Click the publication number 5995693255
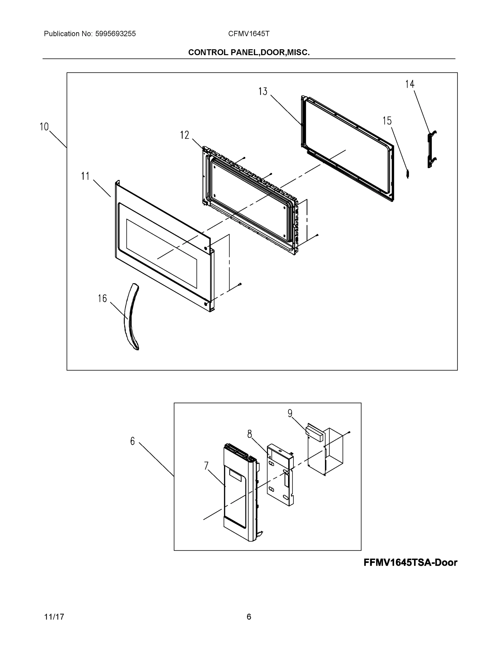pyautogui.click(x=115, y=34)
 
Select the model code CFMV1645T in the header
pyautogui.click(x=248, y=34)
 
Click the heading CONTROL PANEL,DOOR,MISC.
pyautogui.click(x=249, y=52)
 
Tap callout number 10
pyautogui.click(x=44, y=127)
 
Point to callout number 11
pyautogui.click(x=85, y=176)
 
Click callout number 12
pyautogui.click(x=185, y=135)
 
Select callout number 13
pyautogui.click(x=263, y=92)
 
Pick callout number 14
pyautogui.click(x=410, y=84)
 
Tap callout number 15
pyautogui.click(x=387, y=121)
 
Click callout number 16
pyautogui.click(x=102, y=299)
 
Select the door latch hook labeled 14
pyautogui.click(x=432, y=149)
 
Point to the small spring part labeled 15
pyautogui.click(x=408, y=174)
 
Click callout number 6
pyautogui.click(x=132, y=441)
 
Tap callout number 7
pyautogui.click(x=206, y=466)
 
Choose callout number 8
pyautogui.click(x=250, y=434)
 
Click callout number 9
pyautogui.click(x=290, y=413)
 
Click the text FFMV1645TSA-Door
pyautogui.click(x=410, y=562)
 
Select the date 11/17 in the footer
pyautogui.click(x=54, y=617)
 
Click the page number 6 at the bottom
pyautogui.click(x=249, y=617)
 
